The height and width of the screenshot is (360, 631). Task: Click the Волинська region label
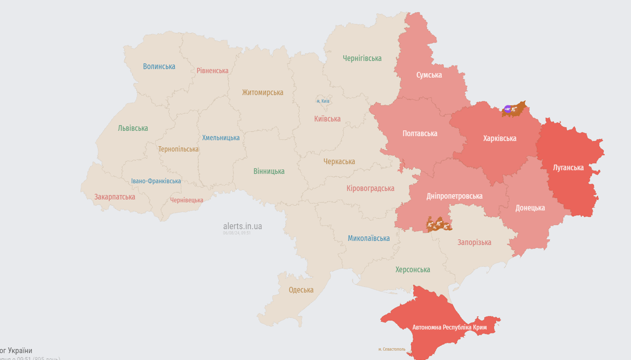click(x=159, y=67)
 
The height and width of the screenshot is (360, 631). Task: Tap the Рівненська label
click(x=212, y=71)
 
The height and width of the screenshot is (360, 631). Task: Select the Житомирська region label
click(x=263, y=93)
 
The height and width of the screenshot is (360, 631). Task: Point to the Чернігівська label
click(x=362, y=59)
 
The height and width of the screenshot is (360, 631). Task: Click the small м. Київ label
click(x=323, y=101)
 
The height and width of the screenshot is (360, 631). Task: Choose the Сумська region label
click(x=429, y=75)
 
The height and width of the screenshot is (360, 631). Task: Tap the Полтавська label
click(x=420, y=134)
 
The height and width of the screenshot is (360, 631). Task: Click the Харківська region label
click(x=500, y=138)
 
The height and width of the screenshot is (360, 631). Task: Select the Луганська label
click(x=568, y=168)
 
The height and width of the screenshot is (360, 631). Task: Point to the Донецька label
click(x=530, y=208)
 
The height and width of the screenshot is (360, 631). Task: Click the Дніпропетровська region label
click(x=454, y=196)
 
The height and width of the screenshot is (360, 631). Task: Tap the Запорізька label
click(x=474, y=242)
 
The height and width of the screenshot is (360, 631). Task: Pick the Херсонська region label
click(x=413, y=270)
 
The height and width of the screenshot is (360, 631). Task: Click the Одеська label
click(x=301, y=290)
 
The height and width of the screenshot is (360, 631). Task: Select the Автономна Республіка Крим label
click(x=449, y=327)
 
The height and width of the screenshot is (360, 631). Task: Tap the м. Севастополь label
click(x=391, y=349)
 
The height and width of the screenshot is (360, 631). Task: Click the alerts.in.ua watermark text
click(x=242, y=226)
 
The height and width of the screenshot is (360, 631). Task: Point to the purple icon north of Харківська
click(x=507, y=109)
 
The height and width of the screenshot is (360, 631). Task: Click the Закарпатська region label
click(x=115, y=197)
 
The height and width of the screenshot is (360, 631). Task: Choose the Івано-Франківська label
click(x=156, y=181)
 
